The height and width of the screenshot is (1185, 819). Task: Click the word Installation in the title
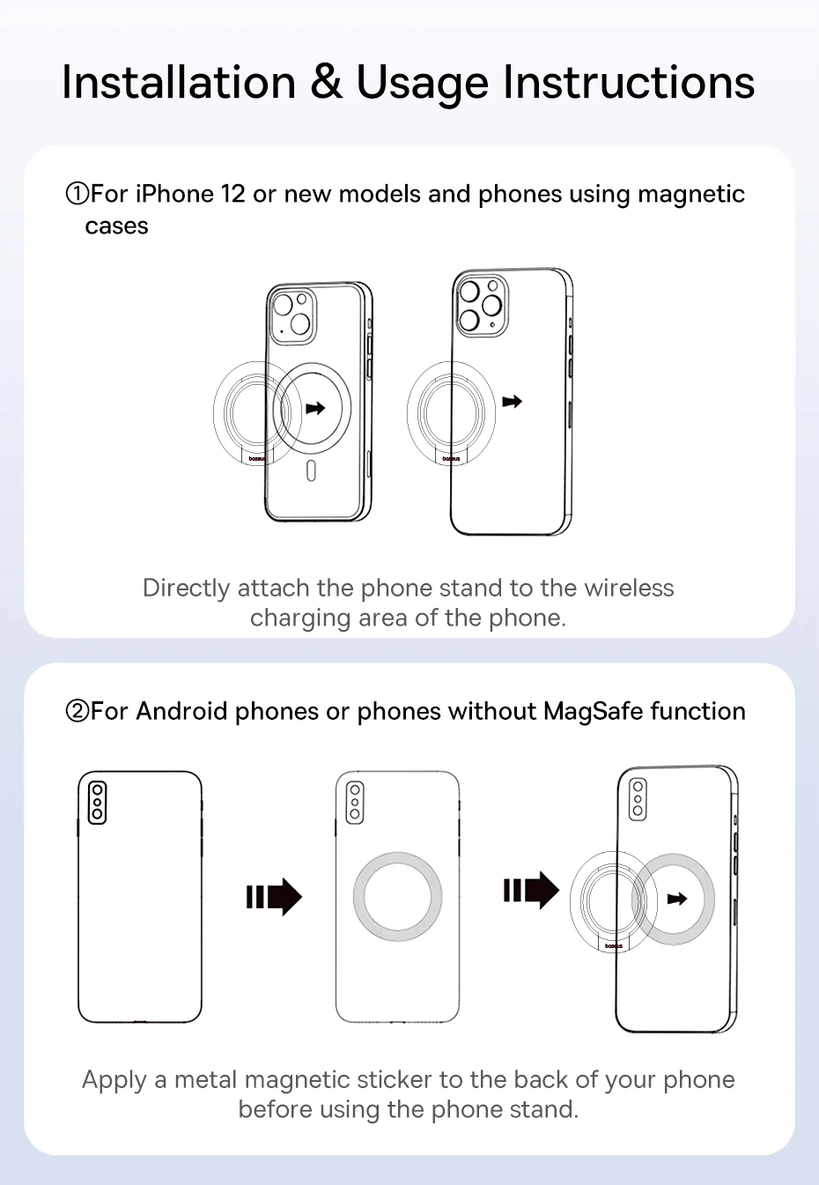pyautogui.click(x=179, y=83)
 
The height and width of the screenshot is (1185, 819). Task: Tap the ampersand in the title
pyautogui.click(x=326, y=83)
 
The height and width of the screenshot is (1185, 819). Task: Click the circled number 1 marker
pyautogui.click(x=77, y=194)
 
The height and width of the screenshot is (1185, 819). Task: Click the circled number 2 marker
pyautogui.click(x=77, y=711)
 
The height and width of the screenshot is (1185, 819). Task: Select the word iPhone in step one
pyautogui.click(x=174, y=194)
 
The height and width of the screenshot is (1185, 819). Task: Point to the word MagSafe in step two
pyautogui.click(x=593, y=711)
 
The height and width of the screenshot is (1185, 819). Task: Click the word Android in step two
pyautogui.click(x=181, y=711)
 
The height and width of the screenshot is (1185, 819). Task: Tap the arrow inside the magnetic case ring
pyautogui.click(x=314, y=408)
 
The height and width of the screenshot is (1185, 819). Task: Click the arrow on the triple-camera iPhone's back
pyautogui.click(x=512, y=402)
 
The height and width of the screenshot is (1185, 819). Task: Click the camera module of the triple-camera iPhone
pyautogui.click(x=481, y=304)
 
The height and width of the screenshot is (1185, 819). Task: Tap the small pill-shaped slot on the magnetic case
pyautogui.click(x=311, y=471)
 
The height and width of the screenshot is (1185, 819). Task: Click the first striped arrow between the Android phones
pyautogui.click(x=274, y=897)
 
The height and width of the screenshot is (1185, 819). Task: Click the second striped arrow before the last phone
pyautogui.click(x=531, y=891)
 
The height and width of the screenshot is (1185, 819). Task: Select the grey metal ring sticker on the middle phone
pyautogui.click(x=397, y=896)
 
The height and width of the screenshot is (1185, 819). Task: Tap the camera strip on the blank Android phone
pyautogui.click(x=97, y=803)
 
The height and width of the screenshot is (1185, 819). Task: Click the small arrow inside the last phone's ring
pyautogui.click(x=676, y=899)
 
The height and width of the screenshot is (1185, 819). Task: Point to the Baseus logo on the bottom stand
pyautogui.click(x=613, y=945)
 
